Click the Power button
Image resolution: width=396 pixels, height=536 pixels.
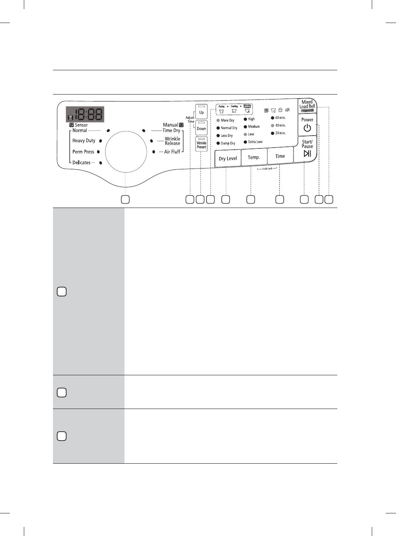click(x=307, y=125)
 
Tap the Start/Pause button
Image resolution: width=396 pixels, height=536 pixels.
click(x=307, y=149)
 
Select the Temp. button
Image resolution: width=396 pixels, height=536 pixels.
click(x=254, y=157)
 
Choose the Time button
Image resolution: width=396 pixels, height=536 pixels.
click(x=280, y=156)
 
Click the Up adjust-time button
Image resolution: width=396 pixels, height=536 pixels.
click(x=201, y=111)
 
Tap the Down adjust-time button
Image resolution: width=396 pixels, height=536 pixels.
click(x=201, y=128)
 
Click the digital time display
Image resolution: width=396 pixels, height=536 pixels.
click(x=85, y=114)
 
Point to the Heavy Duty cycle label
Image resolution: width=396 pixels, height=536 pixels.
click(x=84, y=141)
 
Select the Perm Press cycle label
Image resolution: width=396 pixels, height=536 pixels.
click(x=83, y=152)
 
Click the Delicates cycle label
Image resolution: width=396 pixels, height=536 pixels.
click(x=81, y=163)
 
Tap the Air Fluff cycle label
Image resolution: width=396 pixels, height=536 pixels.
click(x=172, y=152)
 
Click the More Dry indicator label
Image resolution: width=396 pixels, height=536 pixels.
click(x=228, y=120)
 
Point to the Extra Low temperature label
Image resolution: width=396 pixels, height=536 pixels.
click(x=255, y=142)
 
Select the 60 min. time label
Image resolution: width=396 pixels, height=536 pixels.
click(x=280, y=118)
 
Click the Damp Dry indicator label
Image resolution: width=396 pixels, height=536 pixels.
click(x=228, y=143)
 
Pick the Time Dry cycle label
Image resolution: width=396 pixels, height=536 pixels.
click(x=171, y=130)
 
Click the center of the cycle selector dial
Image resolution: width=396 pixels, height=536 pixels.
click(x=126, y=152)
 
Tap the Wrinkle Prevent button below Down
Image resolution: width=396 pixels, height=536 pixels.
click(x=201, y=144)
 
